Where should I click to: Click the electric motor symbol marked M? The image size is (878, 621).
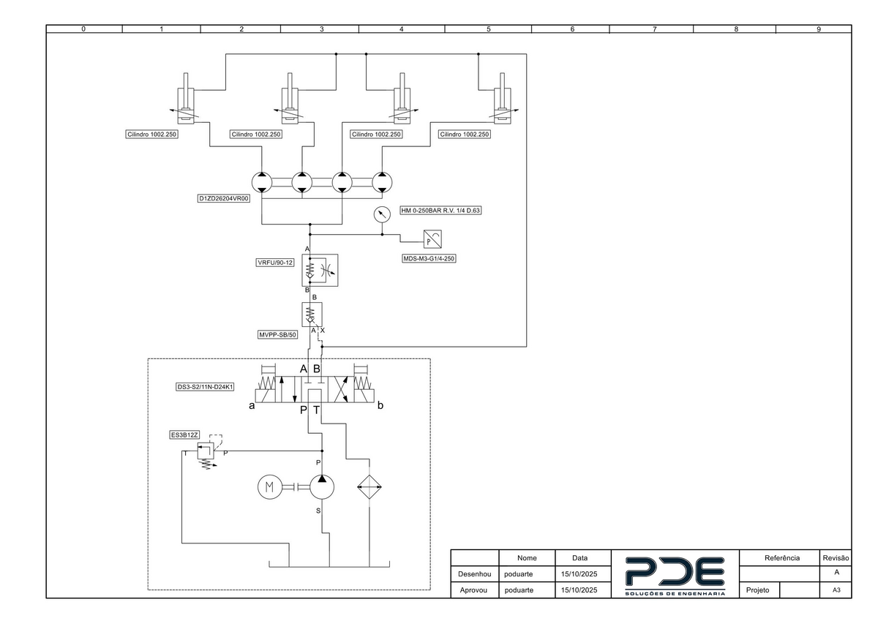click(270, 487)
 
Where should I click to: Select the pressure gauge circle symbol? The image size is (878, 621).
click(382, 215)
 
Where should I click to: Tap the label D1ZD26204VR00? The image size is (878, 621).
click(224, 199)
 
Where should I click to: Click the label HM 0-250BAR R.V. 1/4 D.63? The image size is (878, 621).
click(440, 211)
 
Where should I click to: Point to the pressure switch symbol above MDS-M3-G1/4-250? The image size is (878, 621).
click(432, 239)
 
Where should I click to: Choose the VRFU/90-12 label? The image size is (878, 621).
click(275, 263)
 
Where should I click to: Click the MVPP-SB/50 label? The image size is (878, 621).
click(277, 334)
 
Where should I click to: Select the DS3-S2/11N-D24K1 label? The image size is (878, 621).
click(205, 387)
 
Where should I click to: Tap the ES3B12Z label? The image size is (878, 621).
click(184, 435)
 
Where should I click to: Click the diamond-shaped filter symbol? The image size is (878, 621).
click(369, 487)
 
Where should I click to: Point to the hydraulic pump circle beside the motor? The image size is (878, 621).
click(322, 487)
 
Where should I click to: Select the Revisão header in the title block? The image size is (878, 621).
click(836, 558)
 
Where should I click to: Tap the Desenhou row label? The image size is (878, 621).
click(474, 574)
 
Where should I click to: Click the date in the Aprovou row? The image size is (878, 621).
click(579, 590)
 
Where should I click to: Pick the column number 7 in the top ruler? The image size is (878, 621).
click(655, 29)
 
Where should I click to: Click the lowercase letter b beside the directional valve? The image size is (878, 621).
click(380, 405)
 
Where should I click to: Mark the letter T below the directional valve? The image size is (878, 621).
click(316, 410)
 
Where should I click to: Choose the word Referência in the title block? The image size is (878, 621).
click(782, 558)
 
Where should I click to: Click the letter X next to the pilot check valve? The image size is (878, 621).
click(323, 331)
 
